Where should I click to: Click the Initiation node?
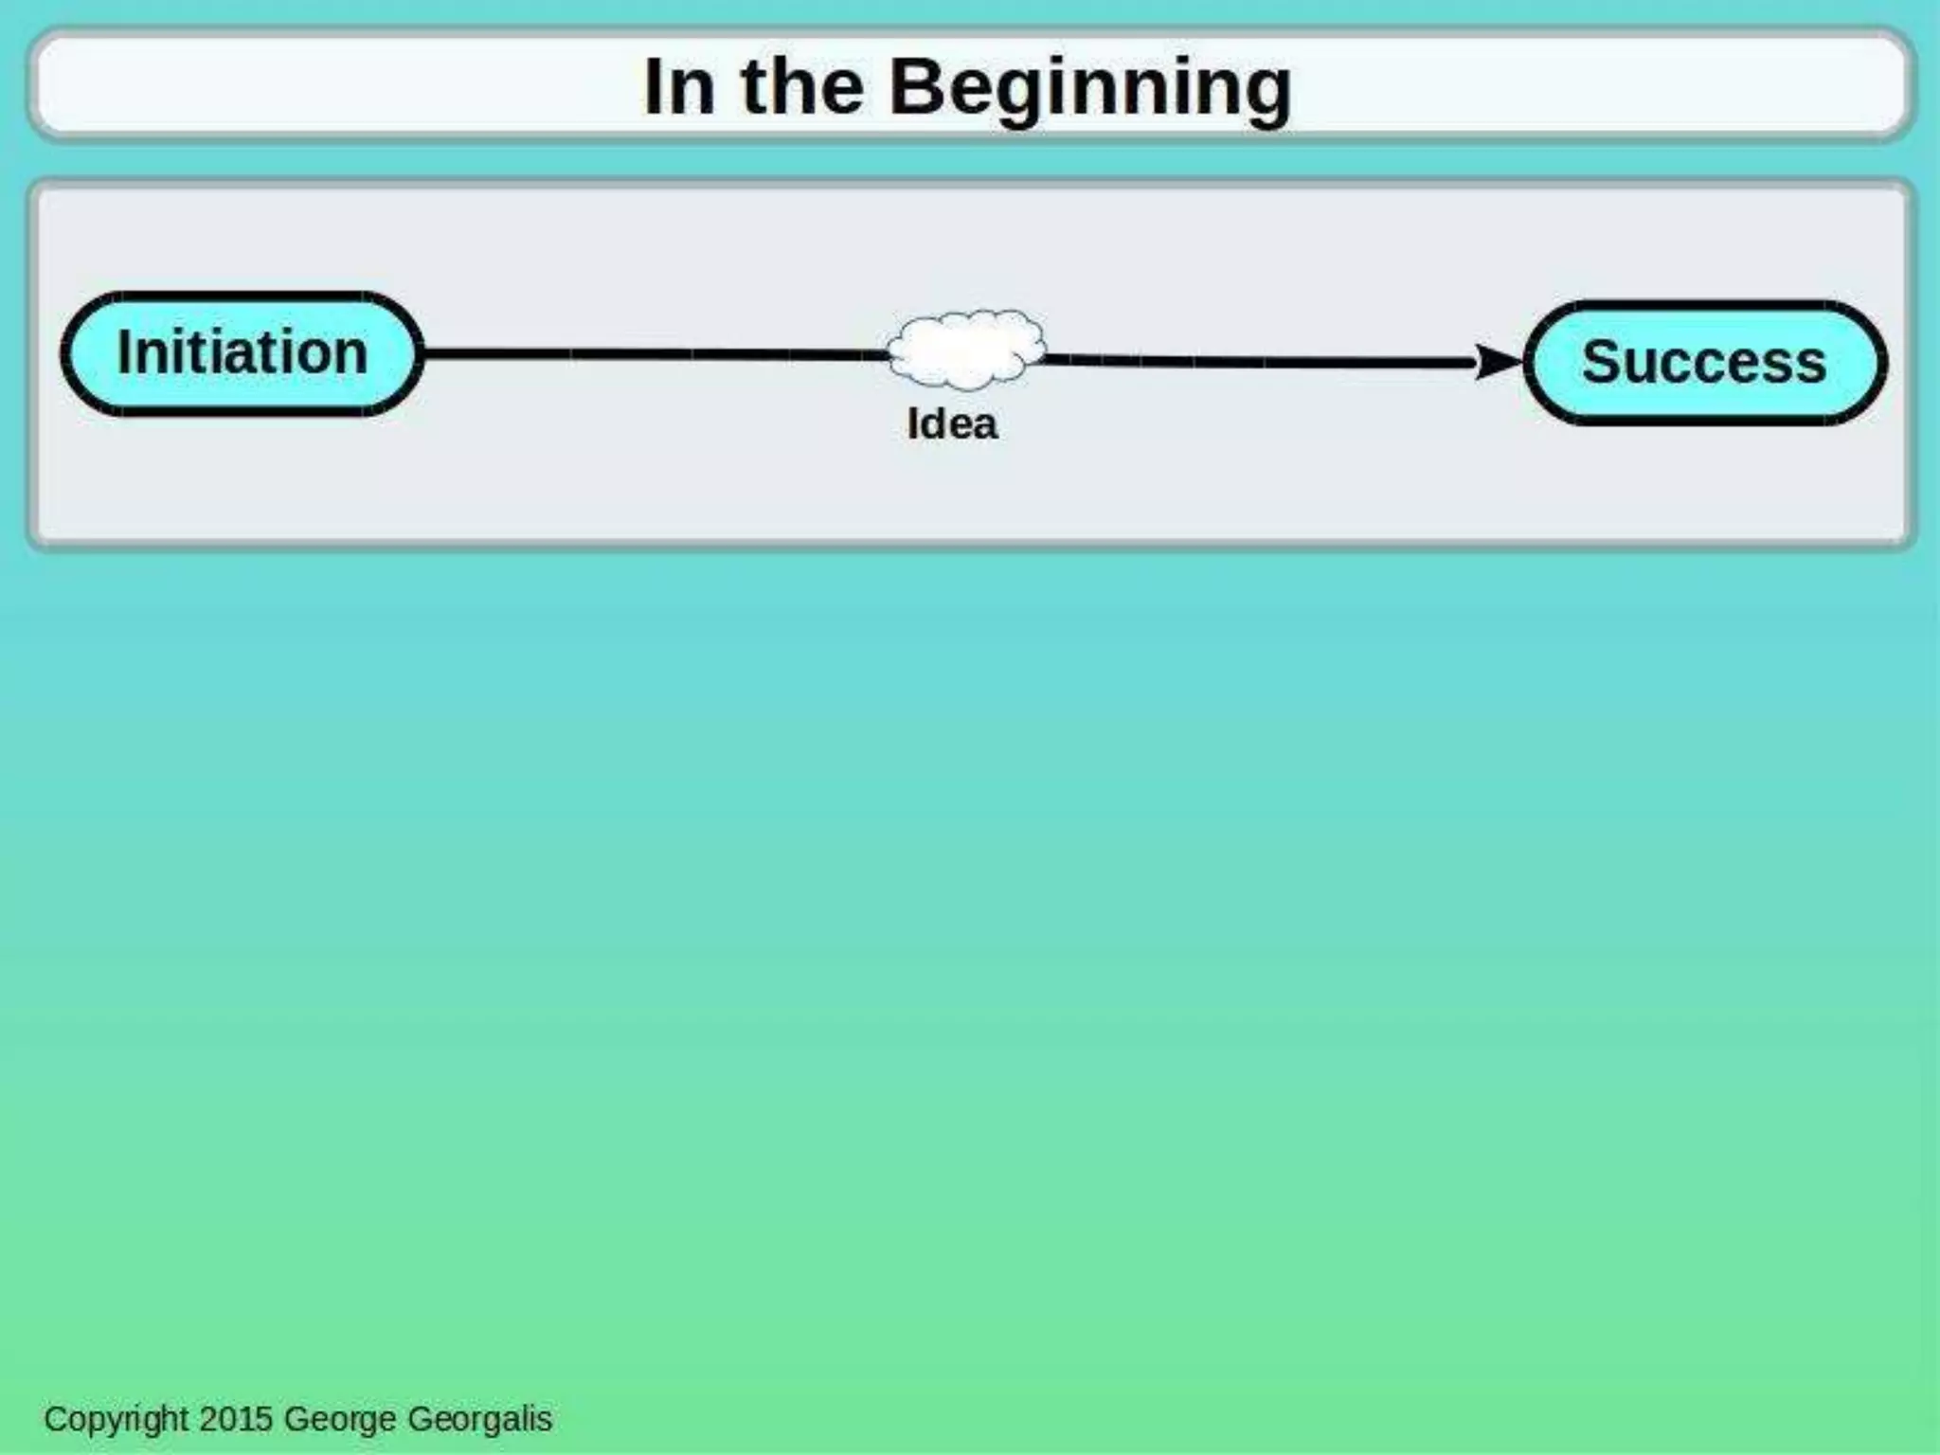click(x=242, y=353)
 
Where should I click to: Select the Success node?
click(x=1704, y=362)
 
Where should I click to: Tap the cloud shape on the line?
click(x=966, y=350)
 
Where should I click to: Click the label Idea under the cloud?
click(x=952, y=423)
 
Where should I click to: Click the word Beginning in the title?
click(x=1090, y=88)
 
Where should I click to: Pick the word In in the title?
click(x=678, y=87)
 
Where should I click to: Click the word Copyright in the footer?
click(x=117, y=1418)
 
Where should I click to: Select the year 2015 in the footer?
click(x=237, y=1418)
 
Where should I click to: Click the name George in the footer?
click(x=340, y=1419)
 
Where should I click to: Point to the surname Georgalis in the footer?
click(x=479, y=1419)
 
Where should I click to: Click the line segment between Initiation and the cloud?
click(x=654, y=354)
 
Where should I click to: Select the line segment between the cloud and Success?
click(x=1260, y=361)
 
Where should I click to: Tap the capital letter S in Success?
click(x=1601, y=362)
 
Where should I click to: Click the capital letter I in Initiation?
click(x=123, y=352)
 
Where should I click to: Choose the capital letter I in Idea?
click(x=912, y=423)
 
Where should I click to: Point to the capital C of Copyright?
click(x=55, y=1418)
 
